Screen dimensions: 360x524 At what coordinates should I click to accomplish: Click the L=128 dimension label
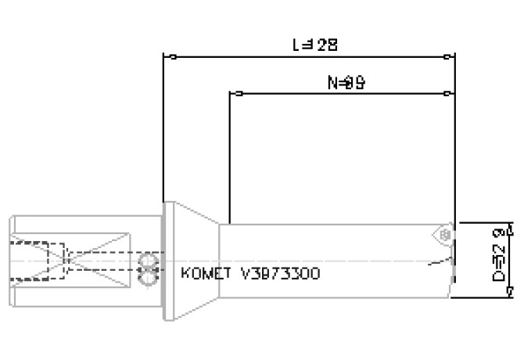tap(314, 45)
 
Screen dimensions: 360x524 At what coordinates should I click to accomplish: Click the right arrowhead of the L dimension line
tap(447, 56)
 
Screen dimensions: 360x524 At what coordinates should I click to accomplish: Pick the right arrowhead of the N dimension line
tap(447, 94)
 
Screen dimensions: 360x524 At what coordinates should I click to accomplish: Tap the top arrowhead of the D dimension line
tap(511, 229)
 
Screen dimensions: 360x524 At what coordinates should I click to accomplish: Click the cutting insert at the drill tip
tap(443, 235)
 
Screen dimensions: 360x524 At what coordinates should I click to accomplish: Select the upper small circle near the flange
tap(145, 261)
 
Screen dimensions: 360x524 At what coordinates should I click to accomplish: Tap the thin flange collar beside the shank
tap(160, 261)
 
